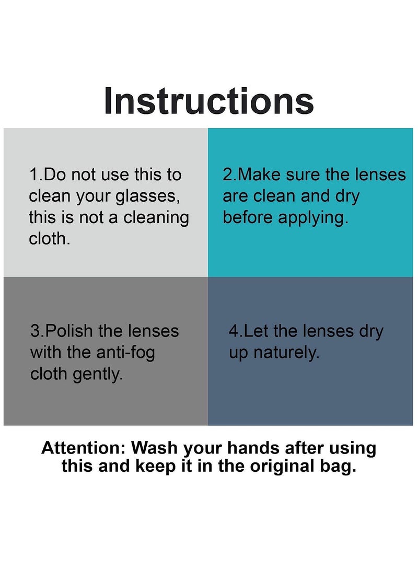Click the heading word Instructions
point(209,101)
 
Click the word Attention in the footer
point(84,448)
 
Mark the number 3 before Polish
point(35,331)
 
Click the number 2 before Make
point(227,175)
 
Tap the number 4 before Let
point(234,331)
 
